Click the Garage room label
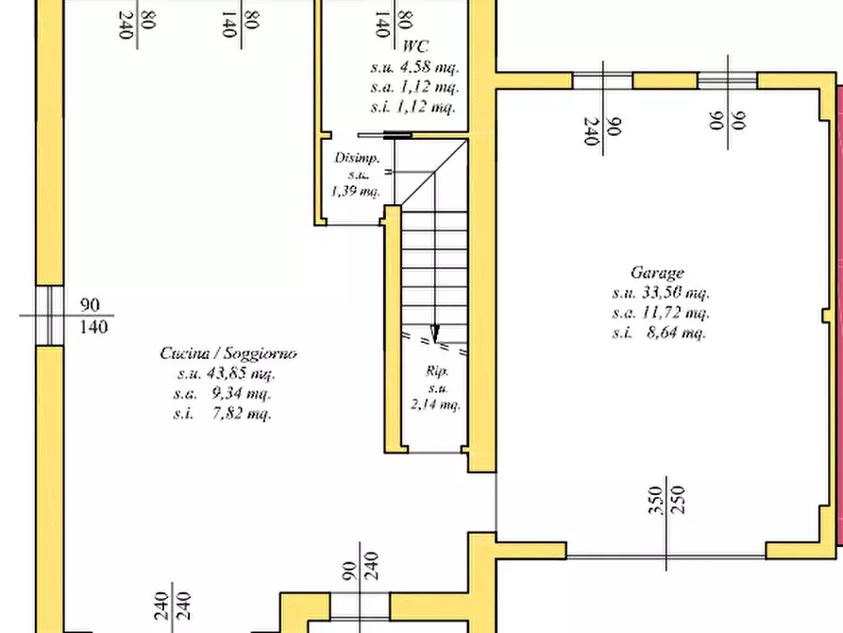(657, 273)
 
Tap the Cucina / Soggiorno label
(228, 353)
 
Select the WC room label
(415, 46)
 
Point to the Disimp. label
(357, 159)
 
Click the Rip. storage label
(436, 371)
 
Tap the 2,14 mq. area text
(436, 404)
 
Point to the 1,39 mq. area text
(355, 191)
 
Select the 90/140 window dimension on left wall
(93, 316)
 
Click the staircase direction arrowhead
(435, 334)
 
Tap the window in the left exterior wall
(49, 316)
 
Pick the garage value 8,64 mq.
(676, 333)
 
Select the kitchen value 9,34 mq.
(241, 393)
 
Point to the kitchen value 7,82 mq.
(241, 414)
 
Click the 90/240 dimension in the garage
(602, 130)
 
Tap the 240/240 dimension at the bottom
(172, 607)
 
